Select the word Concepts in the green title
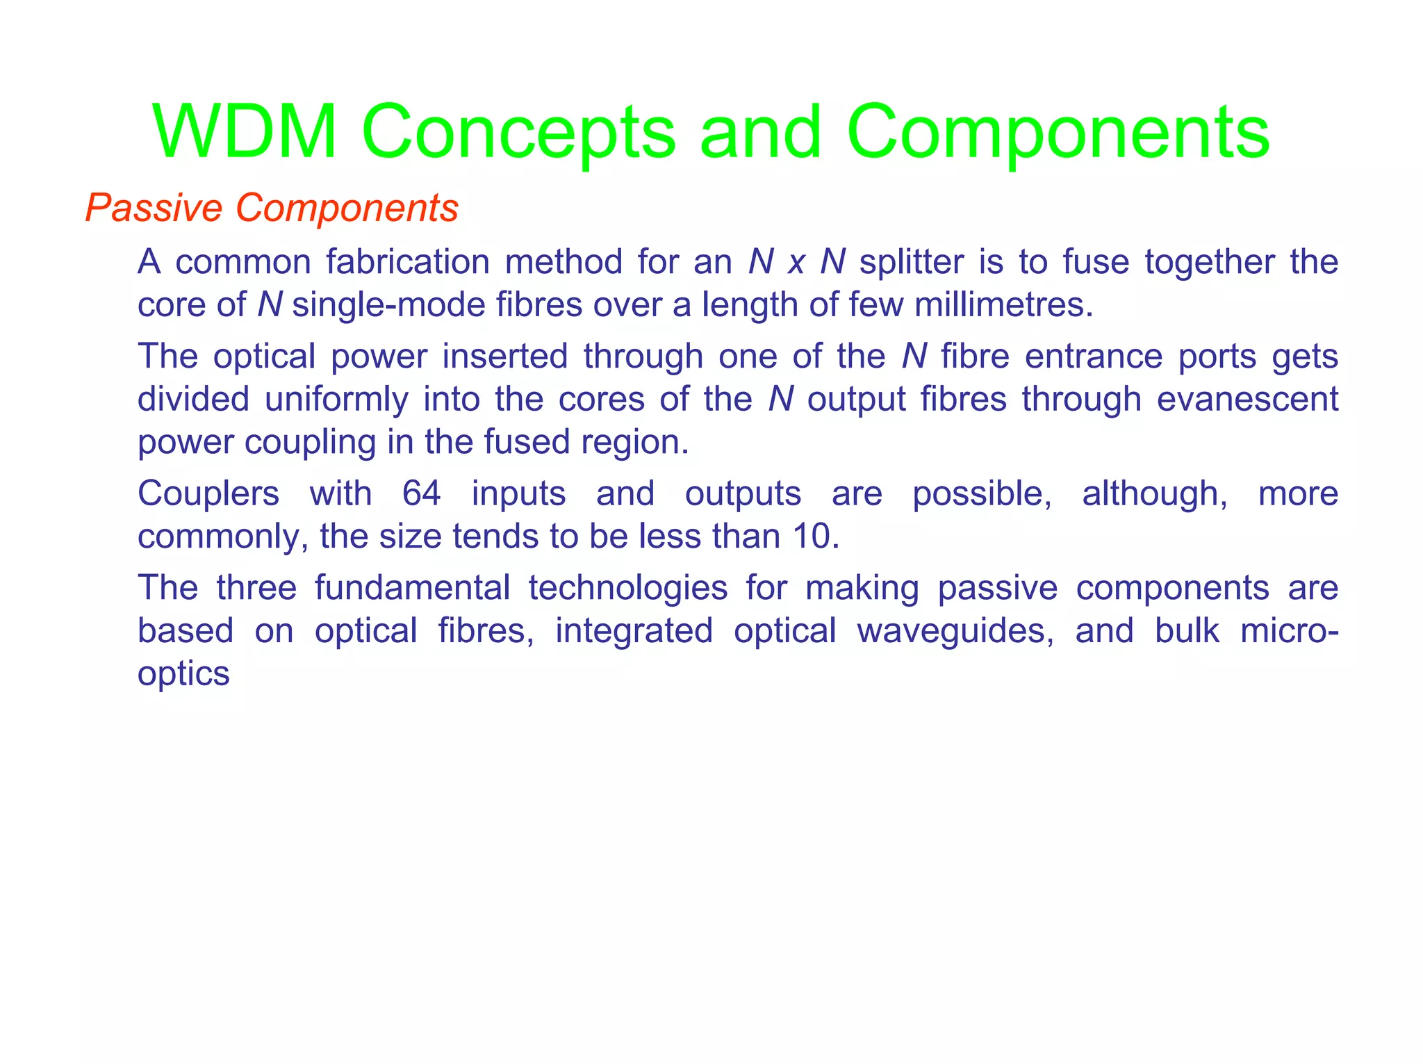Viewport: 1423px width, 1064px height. [517, 132]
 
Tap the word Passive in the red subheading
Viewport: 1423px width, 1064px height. [154, 207]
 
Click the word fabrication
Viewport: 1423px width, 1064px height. [408, 262]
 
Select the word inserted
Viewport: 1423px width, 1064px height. [505, 356]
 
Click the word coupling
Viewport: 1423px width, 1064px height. [309, 442]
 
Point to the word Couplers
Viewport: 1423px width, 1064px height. [208, 493]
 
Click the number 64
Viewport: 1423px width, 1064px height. [421, 493]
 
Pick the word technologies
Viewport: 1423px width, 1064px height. [628, 587]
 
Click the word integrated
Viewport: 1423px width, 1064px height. [634, 630]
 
